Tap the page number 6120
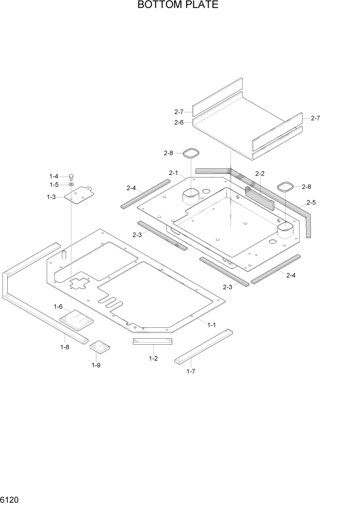click(10, 499)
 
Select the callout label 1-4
click(54, 176)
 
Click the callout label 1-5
click(54, 185)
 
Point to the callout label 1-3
click(51, 197)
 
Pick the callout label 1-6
click(58, 306)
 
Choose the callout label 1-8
click(65, 347)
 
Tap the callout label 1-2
click(153, 358)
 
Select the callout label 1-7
click(190, 371)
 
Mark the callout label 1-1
click(211, 325)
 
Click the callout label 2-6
click(178, 122)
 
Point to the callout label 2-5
click(311, 203)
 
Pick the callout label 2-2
click(259, 173)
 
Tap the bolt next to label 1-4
click(71, 177)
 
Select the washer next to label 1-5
click(71, 185)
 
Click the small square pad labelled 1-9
click(100, 347)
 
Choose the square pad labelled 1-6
click(77, 319)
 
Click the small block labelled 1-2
click(153, 342)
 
